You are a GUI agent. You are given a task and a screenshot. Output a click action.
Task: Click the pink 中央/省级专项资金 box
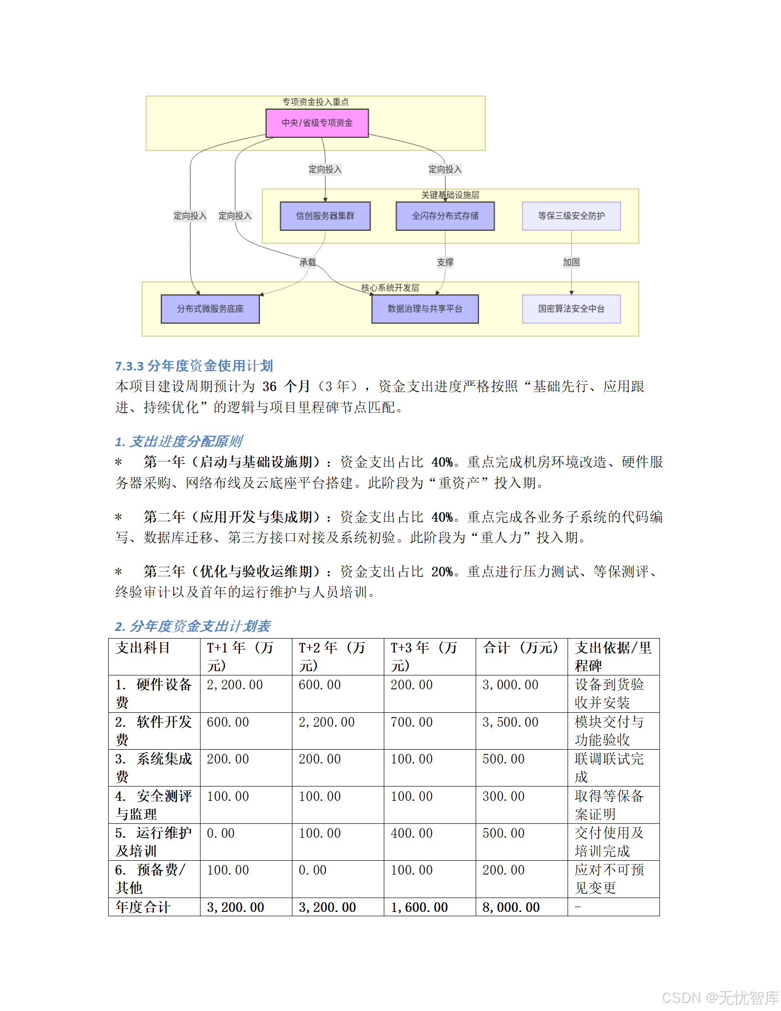coord(317,123)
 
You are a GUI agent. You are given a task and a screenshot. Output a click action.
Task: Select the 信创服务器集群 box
coord(325,216)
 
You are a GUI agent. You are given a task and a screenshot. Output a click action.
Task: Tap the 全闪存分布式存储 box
coord(445,216)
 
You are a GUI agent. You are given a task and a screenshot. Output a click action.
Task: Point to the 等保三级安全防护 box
coord(571,216)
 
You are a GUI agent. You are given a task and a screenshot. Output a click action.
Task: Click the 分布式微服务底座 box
coord(210,309)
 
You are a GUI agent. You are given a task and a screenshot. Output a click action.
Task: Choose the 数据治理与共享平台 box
coord(424,309)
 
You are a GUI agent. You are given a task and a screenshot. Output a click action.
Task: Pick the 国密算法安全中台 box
coord(571,309)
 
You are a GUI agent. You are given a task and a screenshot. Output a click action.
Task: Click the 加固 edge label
coord(571,262)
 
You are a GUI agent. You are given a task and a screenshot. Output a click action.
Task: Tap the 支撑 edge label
coord(445,262)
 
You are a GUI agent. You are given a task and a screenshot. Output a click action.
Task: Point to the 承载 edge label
coord(308,262)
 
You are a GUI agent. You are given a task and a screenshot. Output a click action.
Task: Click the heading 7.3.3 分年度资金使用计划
coord(194,366)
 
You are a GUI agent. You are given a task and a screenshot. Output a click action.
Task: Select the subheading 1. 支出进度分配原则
coord(179,441)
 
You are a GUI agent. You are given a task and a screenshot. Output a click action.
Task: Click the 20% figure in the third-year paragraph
coord(442,572)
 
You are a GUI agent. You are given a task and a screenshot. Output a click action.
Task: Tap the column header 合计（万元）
coord(520,648)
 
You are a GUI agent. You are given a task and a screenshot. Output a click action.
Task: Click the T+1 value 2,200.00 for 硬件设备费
coord(234,685)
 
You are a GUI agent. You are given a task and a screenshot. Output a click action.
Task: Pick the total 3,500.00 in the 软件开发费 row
coord(510,722)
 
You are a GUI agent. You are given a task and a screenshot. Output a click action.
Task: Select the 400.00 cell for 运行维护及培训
coord(412,833)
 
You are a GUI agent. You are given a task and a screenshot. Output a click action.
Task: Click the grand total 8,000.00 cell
coord(511,908)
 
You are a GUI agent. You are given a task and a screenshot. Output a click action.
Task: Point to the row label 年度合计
coord(143,908)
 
